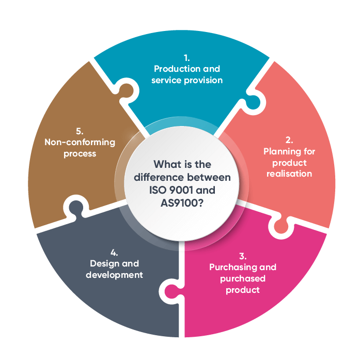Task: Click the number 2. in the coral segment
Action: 289,140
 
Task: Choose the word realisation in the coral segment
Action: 289,174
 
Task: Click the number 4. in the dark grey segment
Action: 114,253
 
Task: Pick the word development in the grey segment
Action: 114,275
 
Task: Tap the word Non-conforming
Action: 72,143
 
